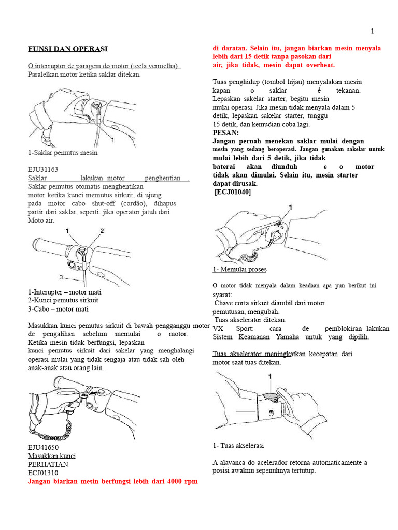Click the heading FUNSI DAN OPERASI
pos(67,49)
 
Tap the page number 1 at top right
pos(372,31)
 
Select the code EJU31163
pos(43,169)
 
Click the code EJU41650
pos(43,447)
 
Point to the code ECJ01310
pos(43,473)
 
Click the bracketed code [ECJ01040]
pos(233,192)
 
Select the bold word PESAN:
pos(226,132)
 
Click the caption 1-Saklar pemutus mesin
pos(63,153)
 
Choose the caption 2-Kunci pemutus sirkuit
pos(63,300)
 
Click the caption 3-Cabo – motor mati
pos(58,309)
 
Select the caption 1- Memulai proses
pos(239,269)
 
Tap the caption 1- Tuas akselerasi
pos(238,445)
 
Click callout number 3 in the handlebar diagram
pos(61,277)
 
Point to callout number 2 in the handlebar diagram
pos(102,231)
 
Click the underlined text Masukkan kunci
pos(51,456)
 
